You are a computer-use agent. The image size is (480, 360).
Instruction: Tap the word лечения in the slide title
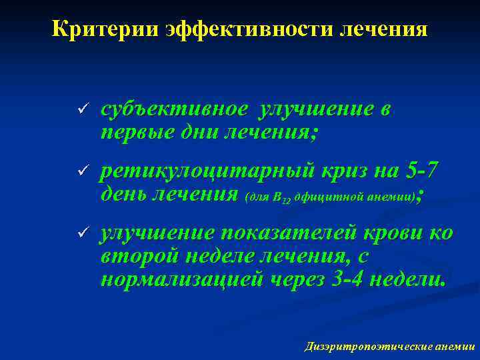coord(382,29)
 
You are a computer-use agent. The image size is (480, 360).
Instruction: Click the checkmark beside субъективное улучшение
coord(82,109)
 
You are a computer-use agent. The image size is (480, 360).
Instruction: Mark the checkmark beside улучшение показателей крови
coord(82,232)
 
